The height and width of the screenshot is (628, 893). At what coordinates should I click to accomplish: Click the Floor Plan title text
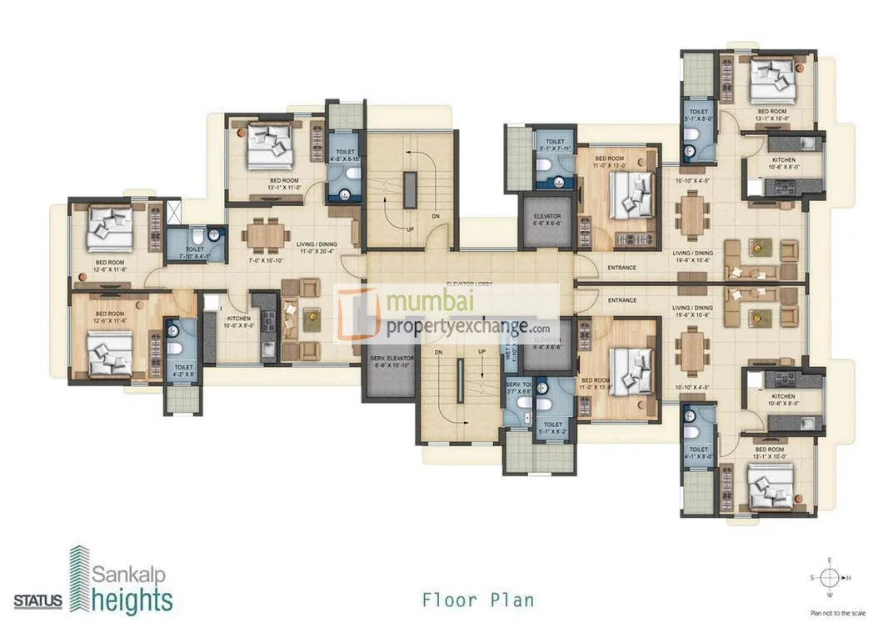[477, 599]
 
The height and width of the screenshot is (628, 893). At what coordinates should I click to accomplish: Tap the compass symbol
[829, 576]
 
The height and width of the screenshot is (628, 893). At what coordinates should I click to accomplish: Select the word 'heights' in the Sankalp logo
[132, 600]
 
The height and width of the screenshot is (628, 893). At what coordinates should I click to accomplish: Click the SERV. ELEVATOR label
[387, 360]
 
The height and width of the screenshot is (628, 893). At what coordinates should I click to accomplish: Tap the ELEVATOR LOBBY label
[468, 284]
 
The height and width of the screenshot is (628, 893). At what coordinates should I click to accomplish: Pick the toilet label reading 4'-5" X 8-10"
[343, 158]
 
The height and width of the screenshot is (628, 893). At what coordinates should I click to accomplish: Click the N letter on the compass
[847, 576]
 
